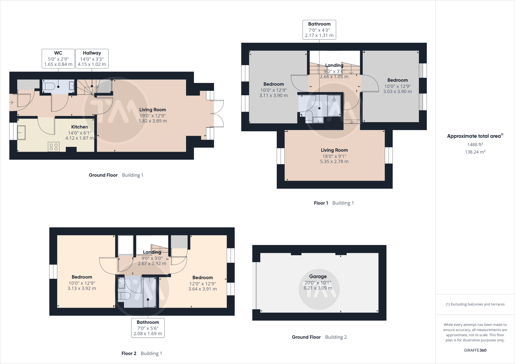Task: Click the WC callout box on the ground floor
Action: [x=58, y=58]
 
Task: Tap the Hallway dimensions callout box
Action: [x=92, y=58]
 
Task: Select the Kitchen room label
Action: [x=80, y=127]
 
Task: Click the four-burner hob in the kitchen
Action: [x=54, y=147]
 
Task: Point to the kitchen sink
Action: [x=21, y=132]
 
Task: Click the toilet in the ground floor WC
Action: [x=49, y=86]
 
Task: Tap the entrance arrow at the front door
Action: [x=11, y=102]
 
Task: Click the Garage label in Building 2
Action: [x=318, y=277]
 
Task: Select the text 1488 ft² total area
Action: [x=475, y=145]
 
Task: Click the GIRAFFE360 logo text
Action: [x=475, y=350]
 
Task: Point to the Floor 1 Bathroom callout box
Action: [x=319, y=30]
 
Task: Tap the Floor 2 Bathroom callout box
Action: [x=148, y=328]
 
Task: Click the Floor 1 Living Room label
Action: [x=334, y=150]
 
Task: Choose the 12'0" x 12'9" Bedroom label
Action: [x=202, y=278]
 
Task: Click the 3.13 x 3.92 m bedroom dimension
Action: [x=82, y=288]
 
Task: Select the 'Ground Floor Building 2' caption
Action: [x=319, y=337]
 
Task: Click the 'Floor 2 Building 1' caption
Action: [x=142, y=353]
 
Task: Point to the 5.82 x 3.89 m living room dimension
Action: [x=153, y=121]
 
